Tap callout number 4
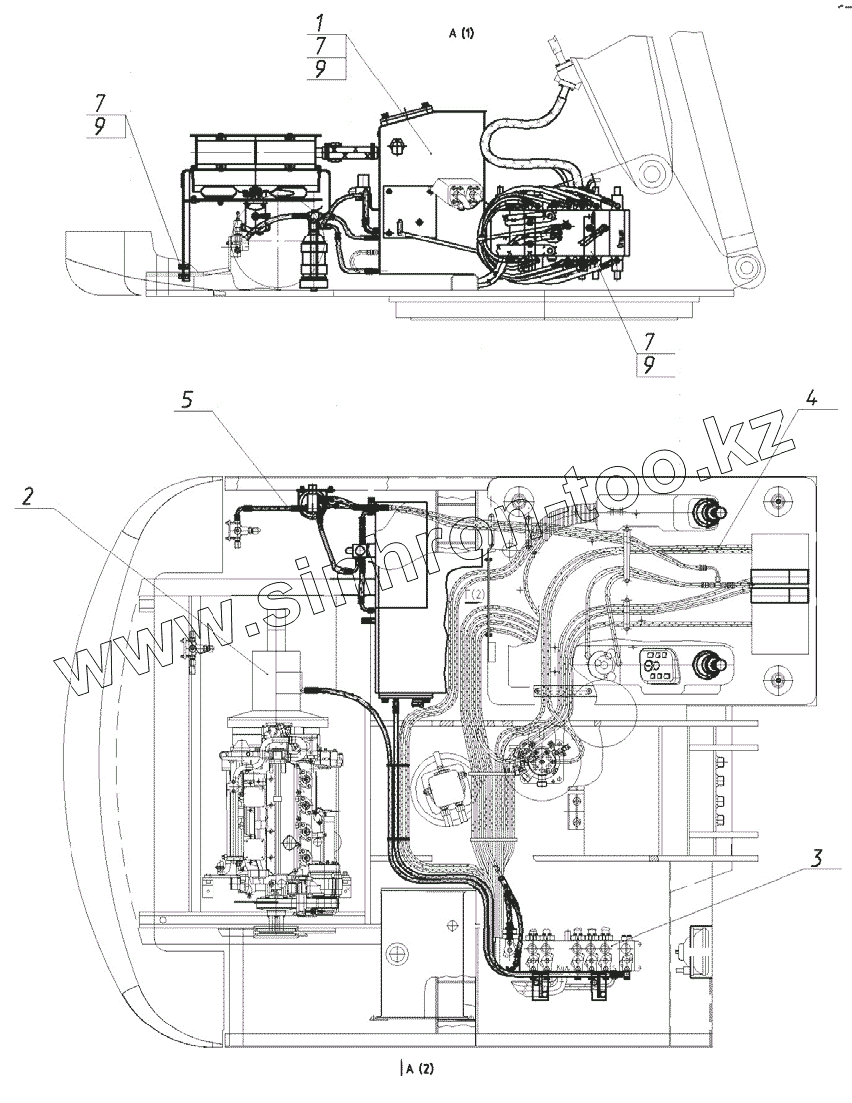812,401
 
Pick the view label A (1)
462,33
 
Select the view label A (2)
417,1069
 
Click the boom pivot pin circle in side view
653,175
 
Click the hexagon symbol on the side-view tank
398,146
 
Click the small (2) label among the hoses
477,593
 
